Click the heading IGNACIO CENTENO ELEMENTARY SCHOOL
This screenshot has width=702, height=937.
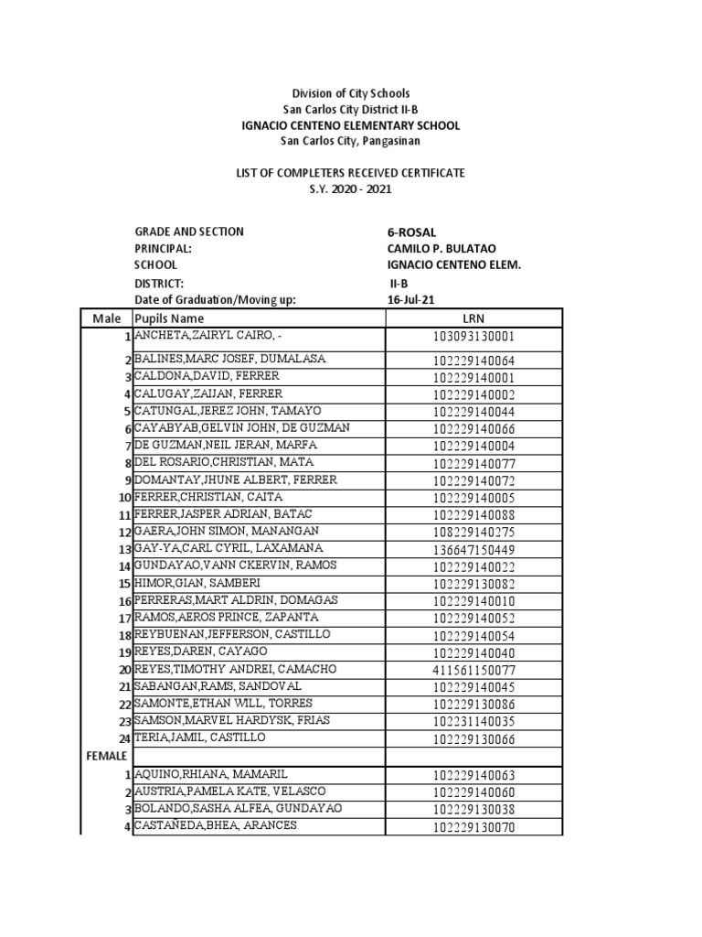[350, 125]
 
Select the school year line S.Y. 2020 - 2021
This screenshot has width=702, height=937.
[350, 188]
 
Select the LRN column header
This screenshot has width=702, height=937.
[473, 318]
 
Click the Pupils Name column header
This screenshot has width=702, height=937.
[170, 318]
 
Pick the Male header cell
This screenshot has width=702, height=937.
[107, 318]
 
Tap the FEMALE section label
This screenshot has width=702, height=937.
[107, 756]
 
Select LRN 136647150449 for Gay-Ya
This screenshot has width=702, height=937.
[473, 550]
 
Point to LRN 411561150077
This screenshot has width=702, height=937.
[473, 671]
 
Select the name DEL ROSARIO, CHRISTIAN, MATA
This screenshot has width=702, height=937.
[224, 462]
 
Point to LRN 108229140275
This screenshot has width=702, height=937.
[473, 533]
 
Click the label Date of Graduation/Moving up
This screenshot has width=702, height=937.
[216, 300]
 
